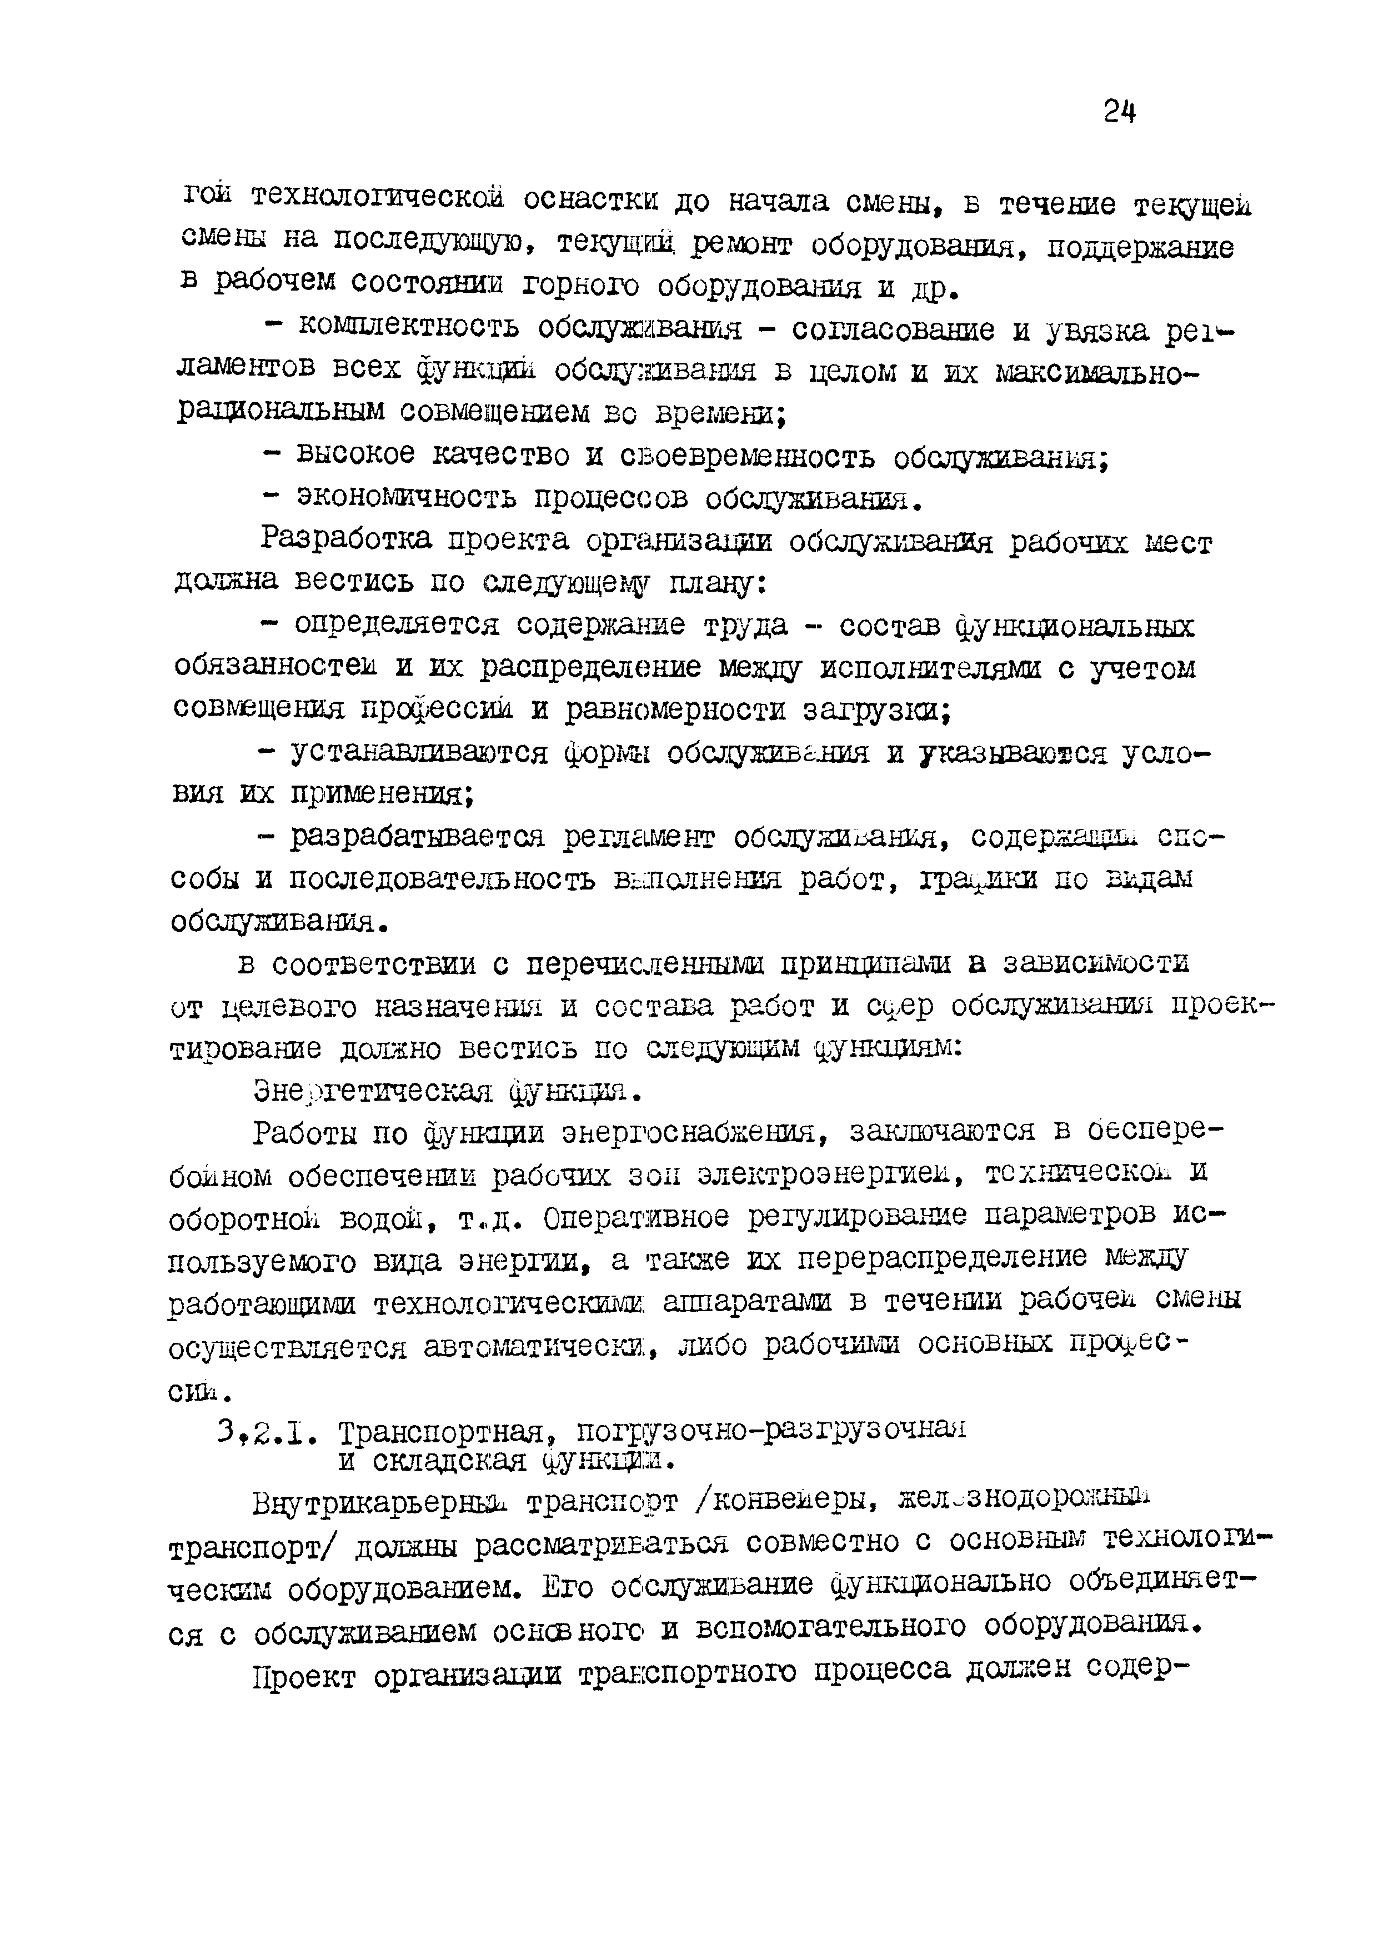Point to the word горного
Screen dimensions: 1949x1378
point(581,285)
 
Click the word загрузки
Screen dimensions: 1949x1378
point(875,709)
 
